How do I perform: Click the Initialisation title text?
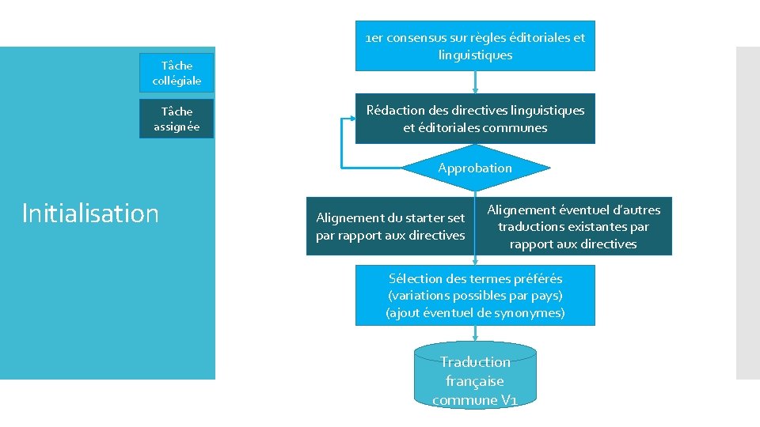pyautogui.click(x=90, y=213)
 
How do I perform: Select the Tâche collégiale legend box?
pyautogui.click(x=177, y=73)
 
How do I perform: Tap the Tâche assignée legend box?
pyautogui.click(x=177, y=119)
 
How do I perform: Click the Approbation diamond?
pyautogui.click(x=475, y=168)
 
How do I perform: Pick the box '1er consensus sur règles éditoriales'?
pyautogui.click(x=475, y=46)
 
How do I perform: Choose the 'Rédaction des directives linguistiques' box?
pyautogui.click(x=475, y=119)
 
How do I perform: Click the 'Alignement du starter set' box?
pyautogui.click(x=390, y=226)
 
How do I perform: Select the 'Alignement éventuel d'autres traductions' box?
pyautogui.click(x=573, y=226)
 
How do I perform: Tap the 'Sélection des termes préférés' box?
pyautogui.click(x=475, y=295)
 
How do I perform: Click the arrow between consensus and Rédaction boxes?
pyautogui.click(x=475, y=82)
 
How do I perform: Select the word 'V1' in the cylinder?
pyautogui.click(x=509, y=400)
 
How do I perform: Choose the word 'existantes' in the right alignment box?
pyautogui.click(x=599, y=227)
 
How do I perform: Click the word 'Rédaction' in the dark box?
pyautogui.click(x=393, y=110)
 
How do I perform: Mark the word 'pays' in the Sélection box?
pyautogui.click(x=542, y=295)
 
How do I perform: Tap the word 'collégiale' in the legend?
pyautogui.click(x=177, y=81)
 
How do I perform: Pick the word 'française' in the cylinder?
pyautogui.click(x=475, y=381)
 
